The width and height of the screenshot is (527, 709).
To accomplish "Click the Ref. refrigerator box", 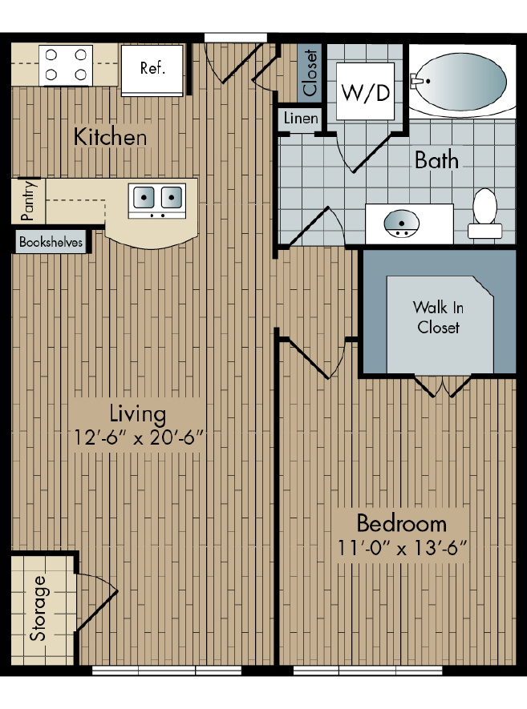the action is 152,70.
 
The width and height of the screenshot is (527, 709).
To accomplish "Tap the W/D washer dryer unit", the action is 365,91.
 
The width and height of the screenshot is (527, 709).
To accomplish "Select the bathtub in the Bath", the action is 462,82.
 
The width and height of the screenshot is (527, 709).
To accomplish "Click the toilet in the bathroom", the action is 485,213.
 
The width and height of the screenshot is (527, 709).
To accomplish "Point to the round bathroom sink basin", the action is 402,223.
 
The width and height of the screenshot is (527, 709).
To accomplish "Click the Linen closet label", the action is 301,119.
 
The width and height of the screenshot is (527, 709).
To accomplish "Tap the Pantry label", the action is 27,200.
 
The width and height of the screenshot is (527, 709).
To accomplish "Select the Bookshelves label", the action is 51,242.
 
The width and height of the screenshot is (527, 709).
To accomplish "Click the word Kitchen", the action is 111,136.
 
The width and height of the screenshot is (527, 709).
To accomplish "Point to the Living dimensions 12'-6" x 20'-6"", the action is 137,437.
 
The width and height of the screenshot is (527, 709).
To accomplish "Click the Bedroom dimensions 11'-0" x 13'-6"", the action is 402,549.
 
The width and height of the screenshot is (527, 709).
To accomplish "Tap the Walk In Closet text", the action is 438,317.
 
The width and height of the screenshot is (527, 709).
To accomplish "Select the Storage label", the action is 38,608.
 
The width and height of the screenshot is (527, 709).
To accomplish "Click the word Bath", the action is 436,160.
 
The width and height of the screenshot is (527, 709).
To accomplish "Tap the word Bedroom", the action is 402,523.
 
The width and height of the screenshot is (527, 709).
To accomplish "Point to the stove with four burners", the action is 66,65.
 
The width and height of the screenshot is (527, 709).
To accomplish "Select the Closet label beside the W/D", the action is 310,73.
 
